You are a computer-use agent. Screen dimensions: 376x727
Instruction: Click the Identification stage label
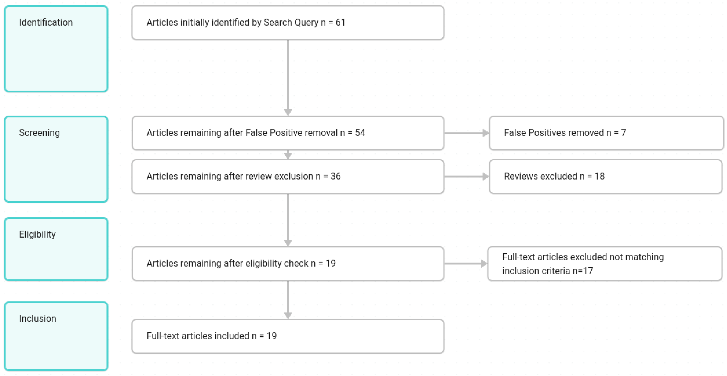coord(46,22)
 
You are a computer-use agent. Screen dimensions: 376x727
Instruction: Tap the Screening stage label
coord(39,133)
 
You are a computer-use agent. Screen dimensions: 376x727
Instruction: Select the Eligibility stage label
coord(37,234)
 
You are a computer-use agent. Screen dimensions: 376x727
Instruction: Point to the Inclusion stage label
coord(37,318)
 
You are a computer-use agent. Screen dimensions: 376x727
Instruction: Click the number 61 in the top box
coord(340,22)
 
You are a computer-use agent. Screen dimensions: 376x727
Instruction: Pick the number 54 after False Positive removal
coord(360,133)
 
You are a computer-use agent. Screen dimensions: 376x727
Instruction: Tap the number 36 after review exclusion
coord(336,176)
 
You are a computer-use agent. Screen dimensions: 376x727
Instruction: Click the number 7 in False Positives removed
coord(623,133)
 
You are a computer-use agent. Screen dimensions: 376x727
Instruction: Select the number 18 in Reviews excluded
coord(600,176)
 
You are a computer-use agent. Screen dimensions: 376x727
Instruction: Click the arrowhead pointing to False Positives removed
coord(485,133)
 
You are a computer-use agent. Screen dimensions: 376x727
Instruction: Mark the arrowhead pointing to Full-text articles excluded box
coord(484,263)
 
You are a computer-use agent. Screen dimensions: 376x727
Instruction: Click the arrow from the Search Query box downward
coord(288,76)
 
